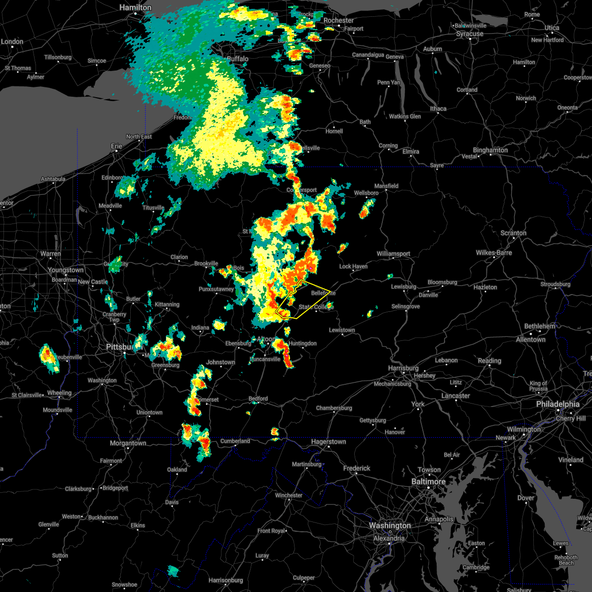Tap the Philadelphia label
[557, 404]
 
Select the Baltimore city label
[428, 481]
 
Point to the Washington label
[390, 526]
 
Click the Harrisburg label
[403, 369]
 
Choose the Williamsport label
[393, 254]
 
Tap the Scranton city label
[513, 233]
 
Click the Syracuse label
[470, 34]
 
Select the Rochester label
[338, 21]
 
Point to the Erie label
[116, 147]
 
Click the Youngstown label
[66, 270]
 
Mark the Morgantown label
[128, 444]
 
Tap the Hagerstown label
[328, 442]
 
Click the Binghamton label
[490, 150]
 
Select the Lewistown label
[342, 330]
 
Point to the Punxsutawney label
[216, 290]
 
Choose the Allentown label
[530, 340]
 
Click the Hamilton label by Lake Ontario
[136, 8]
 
